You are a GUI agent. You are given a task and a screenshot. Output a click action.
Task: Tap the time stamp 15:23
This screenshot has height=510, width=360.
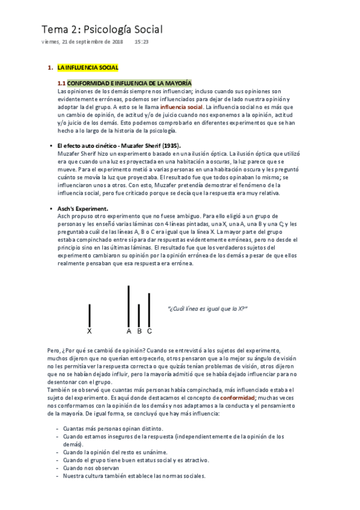point(142,42)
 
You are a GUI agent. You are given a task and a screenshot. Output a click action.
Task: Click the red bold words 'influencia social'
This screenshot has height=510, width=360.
point(182,106)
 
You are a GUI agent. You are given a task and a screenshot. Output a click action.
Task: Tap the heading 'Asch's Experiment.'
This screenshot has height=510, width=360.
point(82,208)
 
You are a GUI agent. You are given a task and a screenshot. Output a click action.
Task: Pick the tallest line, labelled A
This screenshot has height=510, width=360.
point(129,306)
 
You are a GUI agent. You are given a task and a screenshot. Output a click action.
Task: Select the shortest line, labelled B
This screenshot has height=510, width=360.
point(139,315)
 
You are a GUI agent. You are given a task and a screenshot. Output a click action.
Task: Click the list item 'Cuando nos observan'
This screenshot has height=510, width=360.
point(91,467)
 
